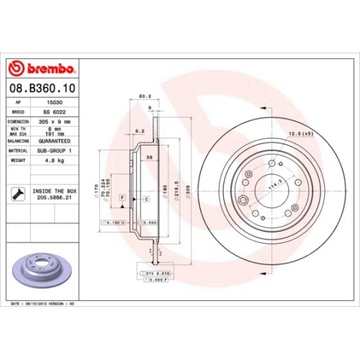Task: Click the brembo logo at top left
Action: [x=41, y=68]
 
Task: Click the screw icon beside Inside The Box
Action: [x=17, y=193]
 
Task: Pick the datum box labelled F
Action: [x=123, y=197]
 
